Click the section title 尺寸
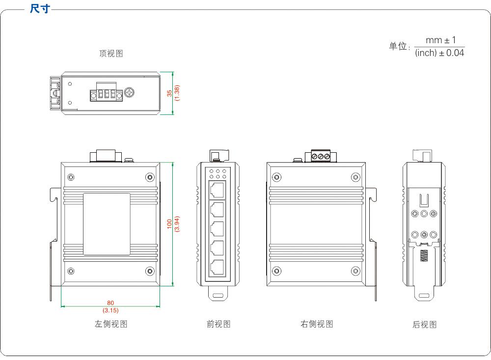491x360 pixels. coord(39,9)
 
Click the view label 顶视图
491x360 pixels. coord(111,54)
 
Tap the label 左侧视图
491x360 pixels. coord(111,324)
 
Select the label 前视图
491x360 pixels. coord(218,324)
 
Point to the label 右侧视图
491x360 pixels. coord(317,324)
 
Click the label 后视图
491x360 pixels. coord(424,325)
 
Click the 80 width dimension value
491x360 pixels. coord(110,303)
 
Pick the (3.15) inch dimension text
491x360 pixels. coord(110,310)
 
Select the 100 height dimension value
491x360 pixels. coord(170,224)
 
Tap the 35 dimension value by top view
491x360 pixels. coord(170,93)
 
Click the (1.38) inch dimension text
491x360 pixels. coord(177,93)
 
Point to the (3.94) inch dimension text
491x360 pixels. coord(177,224)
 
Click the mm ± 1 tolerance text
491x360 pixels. coord(440,40)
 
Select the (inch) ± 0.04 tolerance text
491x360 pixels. coord(439,53)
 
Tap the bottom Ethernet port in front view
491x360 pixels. coord(217,268)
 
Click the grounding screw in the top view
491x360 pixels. coord(130,92)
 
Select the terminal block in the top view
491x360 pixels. coord(106,93)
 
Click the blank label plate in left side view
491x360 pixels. coord(107,224)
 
